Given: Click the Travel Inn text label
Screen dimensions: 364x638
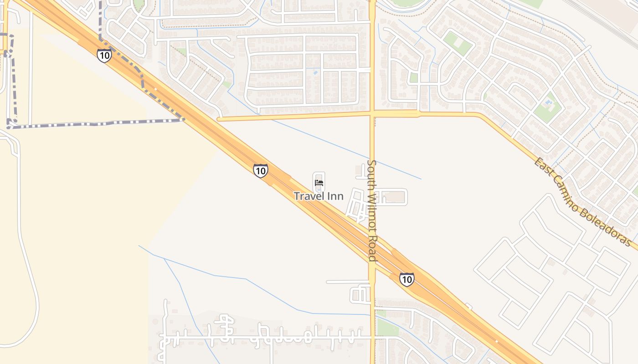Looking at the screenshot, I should pos(319,196).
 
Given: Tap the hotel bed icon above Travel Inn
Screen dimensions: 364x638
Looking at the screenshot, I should pos(319,183).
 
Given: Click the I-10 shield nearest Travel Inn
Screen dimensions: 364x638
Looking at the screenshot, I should pos(260,171).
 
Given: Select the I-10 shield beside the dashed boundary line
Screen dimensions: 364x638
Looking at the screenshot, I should pos(104,56).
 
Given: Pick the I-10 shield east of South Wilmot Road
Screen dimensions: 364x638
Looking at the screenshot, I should pos(406,279).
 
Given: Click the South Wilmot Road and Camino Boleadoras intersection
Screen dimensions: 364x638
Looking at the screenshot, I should pos(372,114).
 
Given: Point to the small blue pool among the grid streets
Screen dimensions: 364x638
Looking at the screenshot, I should pos(316,72).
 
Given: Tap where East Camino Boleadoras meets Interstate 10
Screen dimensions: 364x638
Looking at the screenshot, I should pos(220,119).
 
